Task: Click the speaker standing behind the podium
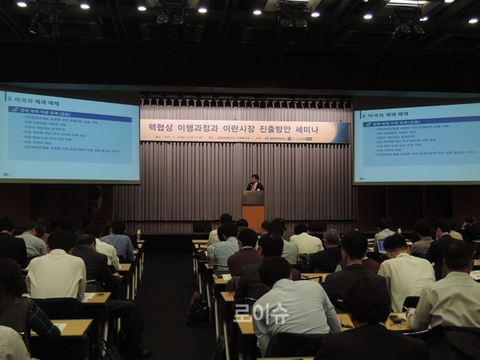click(x=254, y=183)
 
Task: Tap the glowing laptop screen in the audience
click(x=382, y=246)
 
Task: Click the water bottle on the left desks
click(x=138, y=233)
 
